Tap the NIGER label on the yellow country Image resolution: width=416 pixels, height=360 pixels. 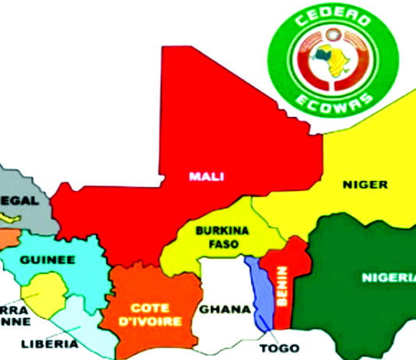pos(364,185)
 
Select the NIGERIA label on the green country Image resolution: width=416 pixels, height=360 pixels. pos(388,278)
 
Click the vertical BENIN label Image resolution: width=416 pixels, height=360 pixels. pos(282,284)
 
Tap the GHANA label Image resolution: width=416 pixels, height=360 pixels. pos(224,309)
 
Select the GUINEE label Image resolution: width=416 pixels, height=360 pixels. pos(47,259)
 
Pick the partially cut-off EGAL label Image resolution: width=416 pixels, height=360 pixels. pos(22,199)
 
